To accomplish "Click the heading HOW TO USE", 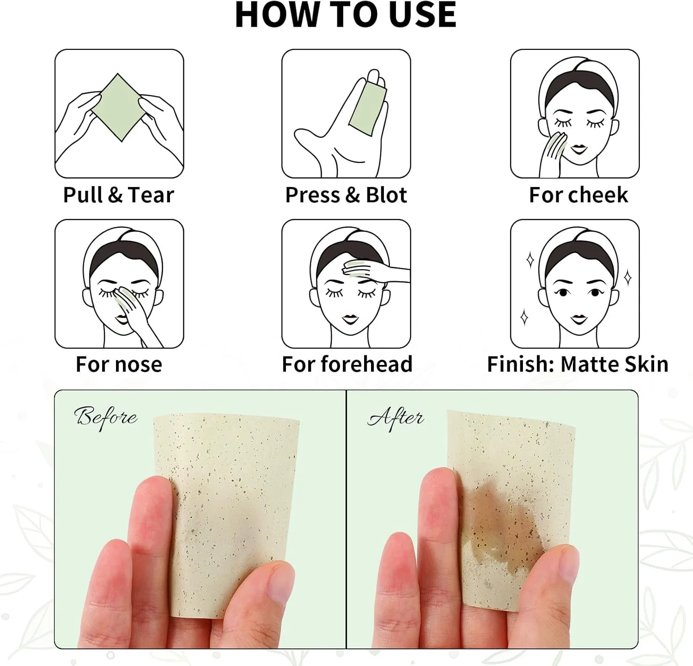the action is (346, 15).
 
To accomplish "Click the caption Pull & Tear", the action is (119, 195).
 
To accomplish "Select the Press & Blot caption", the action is (346, 195).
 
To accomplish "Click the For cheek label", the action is (578, 195).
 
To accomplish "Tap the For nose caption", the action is (119, 364).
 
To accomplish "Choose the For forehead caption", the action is (347, 364).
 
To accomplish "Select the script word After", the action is (395, 418).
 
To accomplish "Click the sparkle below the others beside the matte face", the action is (524, 318).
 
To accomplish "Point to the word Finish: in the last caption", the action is (520, 364).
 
